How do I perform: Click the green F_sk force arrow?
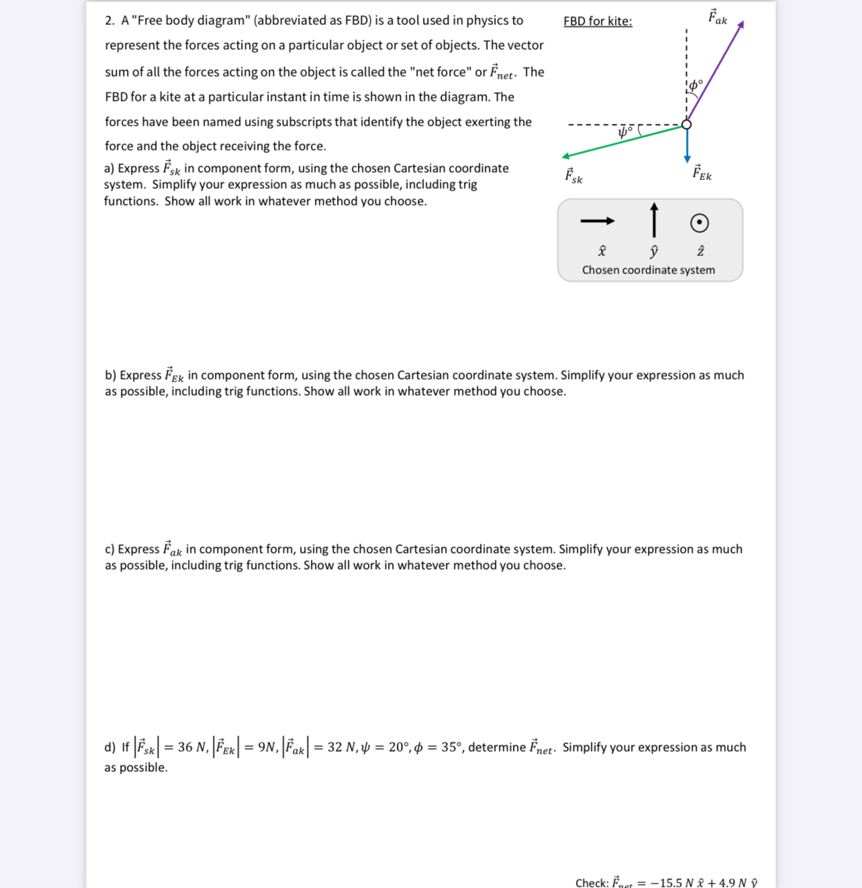click(624, 141)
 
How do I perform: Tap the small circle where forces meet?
click(687, 124)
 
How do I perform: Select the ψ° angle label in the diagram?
click(625, 132)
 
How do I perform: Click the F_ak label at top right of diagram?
click(718, 17)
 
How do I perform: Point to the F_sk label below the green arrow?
click(573, 176)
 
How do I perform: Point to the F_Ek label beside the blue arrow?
click(702, 173)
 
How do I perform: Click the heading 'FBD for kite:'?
click(597, 21)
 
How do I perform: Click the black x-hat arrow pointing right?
click(597, 221)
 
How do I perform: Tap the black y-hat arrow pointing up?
click(654, 220)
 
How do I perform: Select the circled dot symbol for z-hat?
click(700, 222)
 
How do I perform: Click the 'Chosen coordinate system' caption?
click(649, 270)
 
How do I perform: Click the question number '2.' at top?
click(110, 21)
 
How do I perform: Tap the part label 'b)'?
click(110, 375)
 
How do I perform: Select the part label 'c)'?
click(109, 549)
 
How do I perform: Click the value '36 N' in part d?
click(193, 748)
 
